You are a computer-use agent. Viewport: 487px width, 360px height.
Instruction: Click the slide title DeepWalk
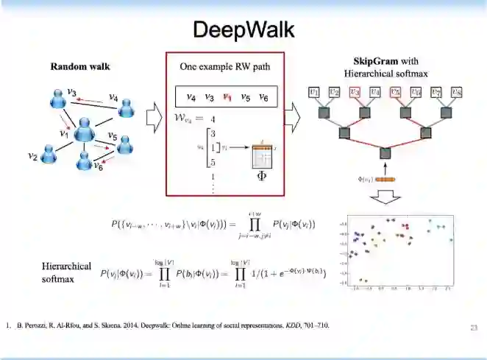tap(243, 29)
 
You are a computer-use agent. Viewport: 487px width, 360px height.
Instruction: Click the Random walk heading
tap(80, 66)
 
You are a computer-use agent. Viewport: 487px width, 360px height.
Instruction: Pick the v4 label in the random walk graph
tap(114, 96)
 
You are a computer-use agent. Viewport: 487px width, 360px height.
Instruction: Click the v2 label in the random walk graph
tap(32, 156)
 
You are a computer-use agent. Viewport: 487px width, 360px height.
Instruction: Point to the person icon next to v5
tap(126, 144)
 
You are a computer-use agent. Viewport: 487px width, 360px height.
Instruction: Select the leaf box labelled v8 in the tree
tap(457, 93)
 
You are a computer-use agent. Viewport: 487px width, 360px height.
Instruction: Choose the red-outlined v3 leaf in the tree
tap(355, 93)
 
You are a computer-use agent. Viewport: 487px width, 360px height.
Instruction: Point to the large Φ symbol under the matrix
tap(260, 176)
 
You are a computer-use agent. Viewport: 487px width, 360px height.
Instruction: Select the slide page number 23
tap(474, 326)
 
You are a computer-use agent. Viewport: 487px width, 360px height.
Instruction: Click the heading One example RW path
tap(225, 66)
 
